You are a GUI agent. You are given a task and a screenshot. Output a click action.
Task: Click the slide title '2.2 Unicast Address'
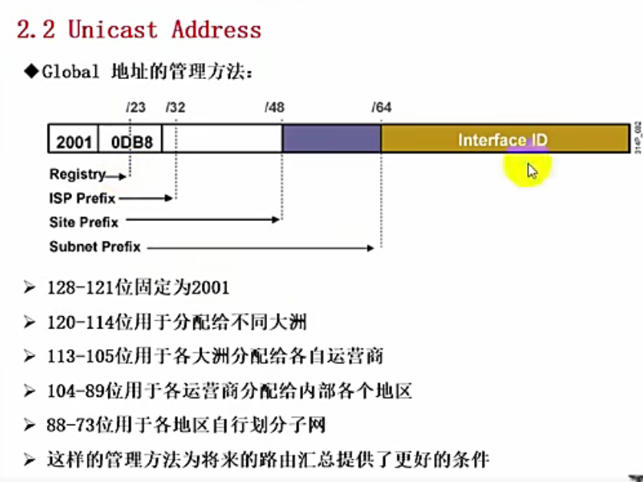coord(139,30)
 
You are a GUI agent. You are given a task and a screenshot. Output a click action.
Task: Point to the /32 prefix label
coord(175,107)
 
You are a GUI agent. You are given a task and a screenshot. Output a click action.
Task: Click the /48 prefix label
coord(274,107)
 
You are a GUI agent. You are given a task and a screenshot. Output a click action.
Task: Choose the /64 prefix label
coord(381,107)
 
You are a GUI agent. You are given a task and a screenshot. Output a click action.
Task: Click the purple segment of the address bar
coord(331,139)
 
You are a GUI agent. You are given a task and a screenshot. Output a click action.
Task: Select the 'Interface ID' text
coord(503,140)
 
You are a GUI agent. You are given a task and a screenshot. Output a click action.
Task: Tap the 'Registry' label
coord(77,175)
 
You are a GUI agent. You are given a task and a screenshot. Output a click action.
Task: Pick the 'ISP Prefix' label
coord(82,199)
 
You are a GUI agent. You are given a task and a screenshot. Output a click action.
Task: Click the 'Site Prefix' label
coord(84,223)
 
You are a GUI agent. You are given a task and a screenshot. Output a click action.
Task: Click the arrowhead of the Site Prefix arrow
coord(278,221)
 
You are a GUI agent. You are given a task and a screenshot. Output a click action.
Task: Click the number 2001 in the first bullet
coord(208,289)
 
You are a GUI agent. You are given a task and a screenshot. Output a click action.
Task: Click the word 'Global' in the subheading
coord(71,72)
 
